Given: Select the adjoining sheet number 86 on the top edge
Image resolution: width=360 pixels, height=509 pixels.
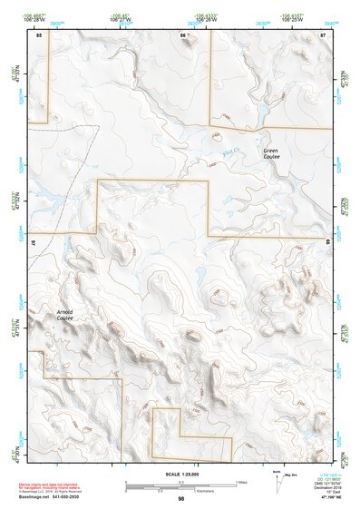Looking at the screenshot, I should pos(184,34).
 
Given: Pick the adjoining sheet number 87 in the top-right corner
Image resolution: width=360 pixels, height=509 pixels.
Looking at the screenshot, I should pos(323,34).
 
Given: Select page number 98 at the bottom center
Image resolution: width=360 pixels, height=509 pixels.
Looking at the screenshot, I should pos(180,498).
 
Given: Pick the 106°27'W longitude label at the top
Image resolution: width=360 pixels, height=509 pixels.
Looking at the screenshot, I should pos(120,18).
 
